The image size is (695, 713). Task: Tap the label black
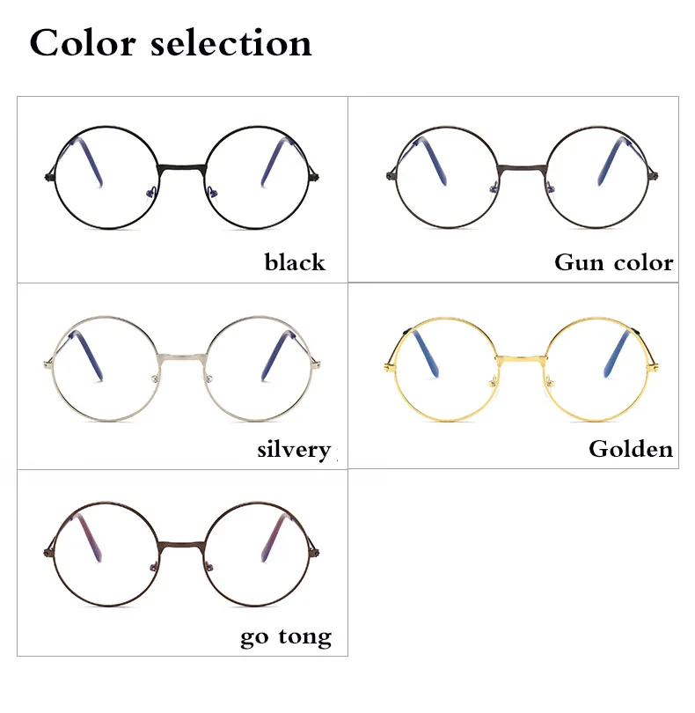[295, 262]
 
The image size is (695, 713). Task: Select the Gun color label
[613, 262]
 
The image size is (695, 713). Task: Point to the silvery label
[294, 450]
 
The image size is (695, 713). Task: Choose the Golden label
[631, 449]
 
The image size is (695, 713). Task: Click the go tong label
[286, 637]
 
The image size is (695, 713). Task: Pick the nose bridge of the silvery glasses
[181, 356]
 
